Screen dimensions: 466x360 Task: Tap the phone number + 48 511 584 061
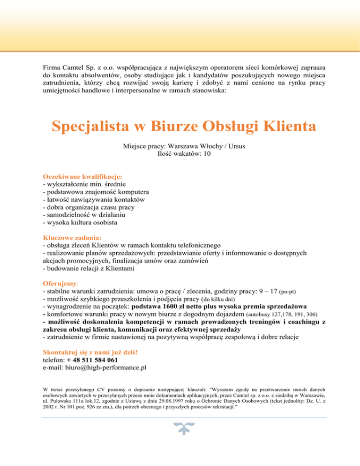89,360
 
